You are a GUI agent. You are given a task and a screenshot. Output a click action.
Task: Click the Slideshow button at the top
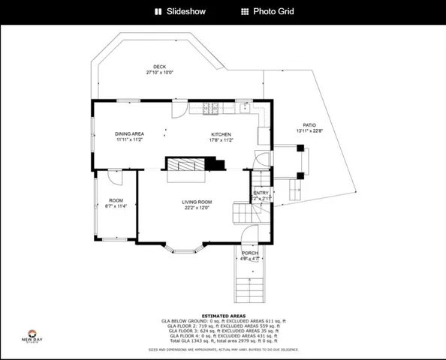coord(181,11)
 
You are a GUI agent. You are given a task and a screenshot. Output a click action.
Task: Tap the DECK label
coord(159,67)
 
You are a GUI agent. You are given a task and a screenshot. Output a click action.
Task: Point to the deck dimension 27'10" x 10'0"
coord(159,73)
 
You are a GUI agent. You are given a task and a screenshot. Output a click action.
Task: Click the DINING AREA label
coord(129,133)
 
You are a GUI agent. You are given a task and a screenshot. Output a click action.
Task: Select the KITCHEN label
coord(210,133)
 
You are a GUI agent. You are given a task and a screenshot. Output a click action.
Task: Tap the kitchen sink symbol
coord(245,106)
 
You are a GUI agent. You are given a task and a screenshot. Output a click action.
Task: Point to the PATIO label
coord(309,125)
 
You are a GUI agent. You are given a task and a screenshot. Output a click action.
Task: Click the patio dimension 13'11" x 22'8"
coord(309,131)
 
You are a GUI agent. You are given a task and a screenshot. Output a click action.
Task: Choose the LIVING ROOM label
coord(197,202)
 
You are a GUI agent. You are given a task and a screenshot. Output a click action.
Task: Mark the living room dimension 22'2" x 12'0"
coord(197,208)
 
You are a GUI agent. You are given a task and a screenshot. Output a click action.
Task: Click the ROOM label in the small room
coord(116,200)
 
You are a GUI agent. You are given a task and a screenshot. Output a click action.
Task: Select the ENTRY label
coord(261,193)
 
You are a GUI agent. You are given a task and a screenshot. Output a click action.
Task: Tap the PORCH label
coord(250,253)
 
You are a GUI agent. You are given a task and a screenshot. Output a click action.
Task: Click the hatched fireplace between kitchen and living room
coord(185,165)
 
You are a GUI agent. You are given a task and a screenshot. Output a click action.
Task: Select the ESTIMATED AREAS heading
coord(223,314)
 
